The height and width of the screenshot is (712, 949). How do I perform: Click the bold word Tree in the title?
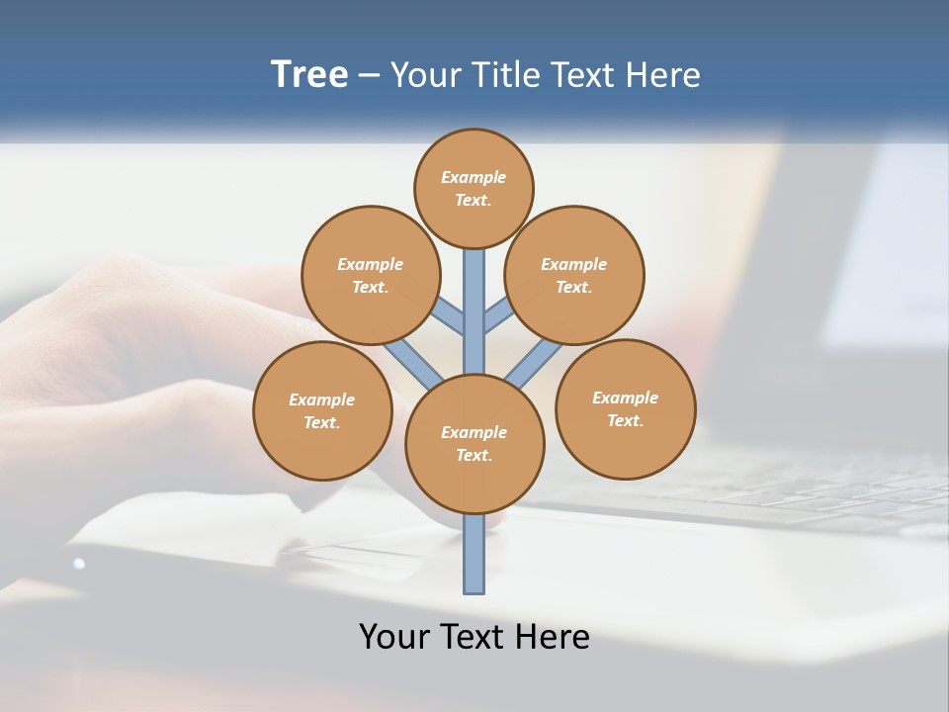coord(309,75)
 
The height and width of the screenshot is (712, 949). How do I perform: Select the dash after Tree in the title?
coord(369,76)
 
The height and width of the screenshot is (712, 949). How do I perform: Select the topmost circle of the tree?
coord(474,188)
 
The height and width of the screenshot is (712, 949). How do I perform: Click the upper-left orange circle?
coord(371,275)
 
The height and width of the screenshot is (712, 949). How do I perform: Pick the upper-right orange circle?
coord(574,275)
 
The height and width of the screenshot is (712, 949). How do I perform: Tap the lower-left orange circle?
coord(322,410)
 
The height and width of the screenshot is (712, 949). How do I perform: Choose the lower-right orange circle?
coord(625,408)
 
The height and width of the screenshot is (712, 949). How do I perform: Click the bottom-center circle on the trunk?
coord(474,443)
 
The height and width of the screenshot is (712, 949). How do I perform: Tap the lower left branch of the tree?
coord(413,363)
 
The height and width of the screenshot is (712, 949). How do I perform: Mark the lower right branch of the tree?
coord(534,362)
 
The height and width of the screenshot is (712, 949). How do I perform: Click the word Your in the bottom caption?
coord(395,637)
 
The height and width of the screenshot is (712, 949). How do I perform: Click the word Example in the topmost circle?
coord(474,177)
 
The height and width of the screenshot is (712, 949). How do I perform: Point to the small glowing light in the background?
coord(78,564)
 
